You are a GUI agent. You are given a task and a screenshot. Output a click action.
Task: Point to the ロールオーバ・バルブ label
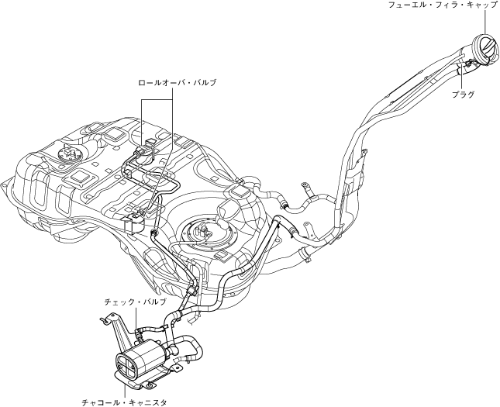coord(177,81)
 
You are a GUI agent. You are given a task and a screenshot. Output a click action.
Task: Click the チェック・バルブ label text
coord(135,299)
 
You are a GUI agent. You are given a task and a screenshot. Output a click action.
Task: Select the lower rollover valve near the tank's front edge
coord(136,212)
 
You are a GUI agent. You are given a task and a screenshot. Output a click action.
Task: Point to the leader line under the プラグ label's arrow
coord(462,78)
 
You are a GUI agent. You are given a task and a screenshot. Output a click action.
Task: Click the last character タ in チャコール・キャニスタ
coord(163,402)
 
